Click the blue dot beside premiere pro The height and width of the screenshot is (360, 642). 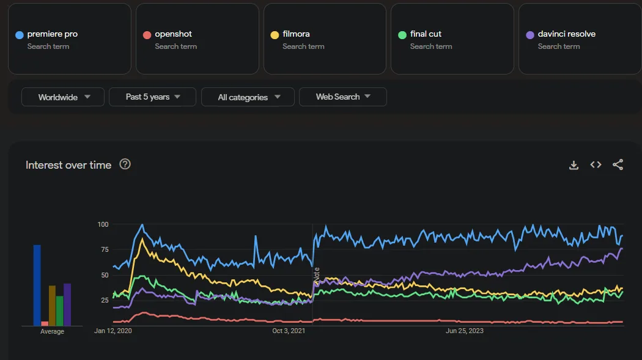point(20,35)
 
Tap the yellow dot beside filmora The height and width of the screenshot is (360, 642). point(275,35)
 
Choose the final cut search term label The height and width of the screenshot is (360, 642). point(426,34)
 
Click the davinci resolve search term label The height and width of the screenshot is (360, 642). point(566,34)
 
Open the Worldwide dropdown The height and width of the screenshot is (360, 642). point(64,97)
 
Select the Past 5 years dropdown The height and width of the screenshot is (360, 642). point(152,97)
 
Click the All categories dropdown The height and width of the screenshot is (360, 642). point(249,97)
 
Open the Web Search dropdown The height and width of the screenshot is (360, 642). point(342,97)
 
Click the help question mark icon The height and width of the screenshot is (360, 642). point(125,164)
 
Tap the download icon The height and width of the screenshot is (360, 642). point(574,165)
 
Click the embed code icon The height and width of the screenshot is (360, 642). point(596,164)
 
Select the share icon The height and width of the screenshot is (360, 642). point(618,164)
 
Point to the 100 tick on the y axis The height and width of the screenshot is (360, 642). point(103,224)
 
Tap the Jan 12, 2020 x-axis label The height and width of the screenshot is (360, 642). point(113,331)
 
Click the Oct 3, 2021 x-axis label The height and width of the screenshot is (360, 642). point(289,331)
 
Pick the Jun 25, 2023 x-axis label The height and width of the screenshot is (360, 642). point(465,331)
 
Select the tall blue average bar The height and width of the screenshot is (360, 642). point(37,285)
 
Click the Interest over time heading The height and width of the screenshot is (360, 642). point(68,165)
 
